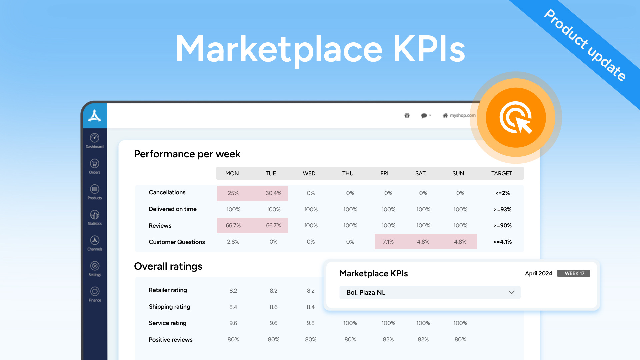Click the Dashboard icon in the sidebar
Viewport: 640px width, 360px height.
click(95, 138)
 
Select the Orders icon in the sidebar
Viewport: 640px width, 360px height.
click(95, 163)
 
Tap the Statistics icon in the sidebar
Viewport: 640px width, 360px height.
click(95, 215)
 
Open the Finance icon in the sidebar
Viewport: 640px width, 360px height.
click(95, 291)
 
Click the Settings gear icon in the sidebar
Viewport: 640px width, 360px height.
click(95, 266)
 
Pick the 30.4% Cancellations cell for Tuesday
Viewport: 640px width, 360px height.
click(273, 193)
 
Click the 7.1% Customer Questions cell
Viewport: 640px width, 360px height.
click(388, 242)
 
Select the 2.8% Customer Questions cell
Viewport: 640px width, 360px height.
click(233, 242)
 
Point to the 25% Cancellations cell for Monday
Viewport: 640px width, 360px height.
click(233, 193)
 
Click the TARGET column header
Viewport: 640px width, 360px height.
click(501, 173)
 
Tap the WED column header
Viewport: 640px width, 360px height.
click(309, 173)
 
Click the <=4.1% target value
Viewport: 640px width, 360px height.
click(502, 242)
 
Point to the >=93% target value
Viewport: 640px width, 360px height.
click(502, 210)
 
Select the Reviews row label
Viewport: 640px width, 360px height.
click(160, 226)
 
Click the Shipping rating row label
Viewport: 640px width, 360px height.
click(169, 307)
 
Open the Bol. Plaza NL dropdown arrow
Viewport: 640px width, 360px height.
click(511, 292)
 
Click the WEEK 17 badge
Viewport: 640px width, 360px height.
click(574, 273)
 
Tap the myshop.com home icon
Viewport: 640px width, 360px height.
click(445, 115)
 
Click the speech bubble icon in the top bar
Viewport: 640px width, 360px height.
click(424, 115)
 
